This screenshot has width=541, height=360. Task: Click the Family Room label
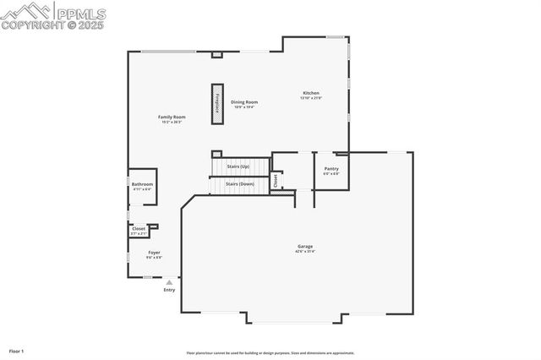click(x=172, y=117)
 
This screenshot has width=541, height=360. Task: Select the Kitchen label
click(x=311, y=92)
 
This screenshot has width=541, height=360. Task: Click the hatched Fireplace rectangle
click(x=217, y=104)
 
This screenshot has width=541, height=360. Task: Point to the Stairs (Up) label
click(x=238, y=166)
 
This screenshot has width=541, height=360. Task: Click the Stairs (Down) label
click(x=240, y=183)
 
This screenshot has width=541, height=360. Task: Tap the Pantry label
click(x=331, y=168)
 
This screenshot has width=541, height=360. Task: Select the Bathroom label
click(x=142, y=183)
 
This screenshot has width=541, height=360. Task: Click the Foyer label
click(x=155, y=252)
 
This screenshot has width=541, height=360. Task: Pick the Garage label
click(x=304, y=246)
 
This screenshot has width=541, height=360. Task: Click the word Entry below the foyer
click(x=169, y=290)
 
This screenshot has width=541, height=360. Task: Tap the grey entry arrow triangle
click(x=169, y=282)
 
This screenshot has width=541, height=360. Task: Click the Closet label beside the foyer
click(x=139, y=228)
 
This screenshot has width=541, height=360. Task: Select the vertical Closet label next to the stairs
click(x=275, y=180)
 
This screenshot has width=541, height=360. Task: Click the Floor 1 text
click(x=17, y=350)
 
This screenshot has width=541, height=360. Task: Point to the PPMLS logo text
click(x=79, y=13)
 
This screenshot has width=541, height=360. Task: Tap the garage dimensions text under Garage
click(x=304, y=252)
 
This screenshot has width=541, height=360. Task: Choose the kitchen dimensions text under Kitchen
click(x=311, y=98)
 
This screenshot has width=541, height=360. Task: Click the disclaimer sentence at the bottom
click(x=270, y=353)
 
